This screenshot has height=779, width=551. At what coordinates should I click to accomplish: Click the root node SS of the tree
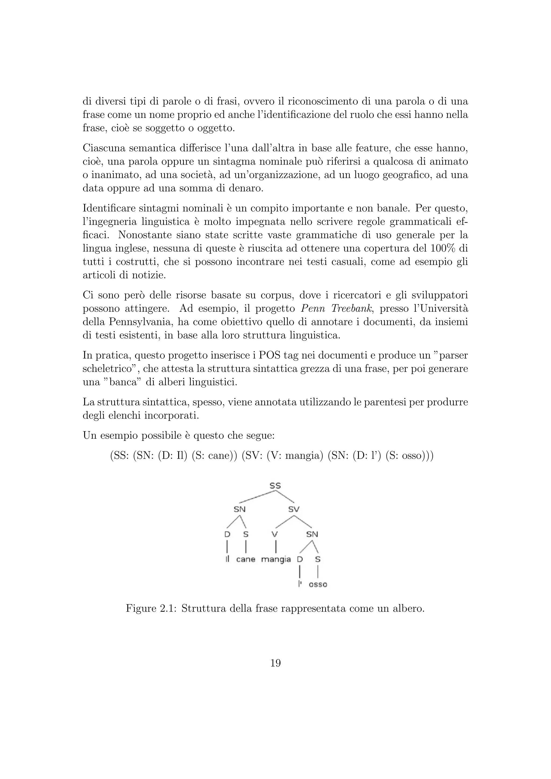[x=275, y=486]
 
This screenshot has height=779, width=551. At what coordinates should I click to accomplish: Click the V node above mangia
[x=275, y=534]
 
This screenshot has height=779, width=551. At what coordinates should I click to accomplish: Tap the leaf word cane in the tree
[x=246, y=559]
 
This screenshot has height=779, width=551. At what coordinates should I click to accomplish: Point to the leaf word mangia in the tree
[x=276, y=560]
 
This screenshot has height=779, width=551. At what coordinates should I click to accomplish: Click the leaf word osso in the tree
[x=318, y=584]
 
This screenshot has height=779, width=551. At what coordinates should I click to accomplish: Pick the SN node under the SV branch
[x=312, y=534]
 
